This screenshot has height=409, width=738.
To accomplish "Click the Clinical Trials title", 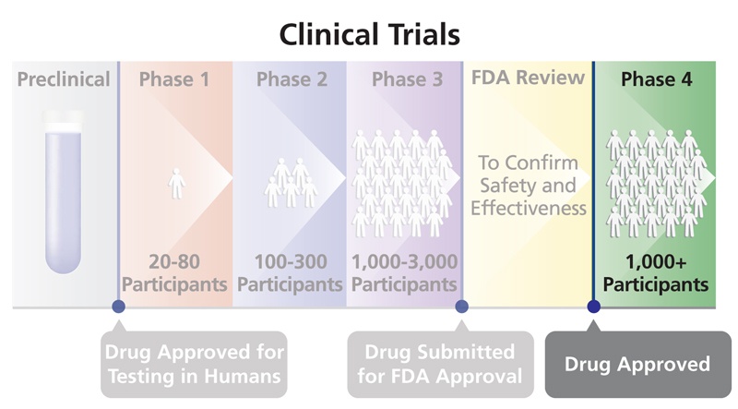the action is pos(370,34).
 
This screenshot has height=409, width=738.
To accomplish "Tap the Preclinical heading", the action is pos(64,79).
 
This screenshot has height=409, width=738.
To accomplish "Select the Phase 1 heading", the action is pos(174,79).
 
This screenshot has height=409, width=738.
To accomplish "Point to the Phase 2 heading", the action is pos(292,79).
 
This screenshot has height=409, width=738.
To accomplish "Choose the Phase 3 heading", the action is pos(408,79).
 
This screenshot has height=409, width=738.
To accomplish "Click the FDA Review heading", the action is pos(528,78).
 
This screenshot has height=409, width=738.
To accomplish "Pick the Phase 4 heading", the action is pos(657,79).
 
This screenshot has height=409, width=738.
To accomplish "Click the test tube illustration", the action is pos(63,192).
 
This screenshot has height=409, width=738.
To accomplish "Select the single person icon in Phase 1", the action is pos(176,184).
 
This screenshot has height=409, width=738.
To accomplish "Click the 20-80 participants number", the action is pos(174,261).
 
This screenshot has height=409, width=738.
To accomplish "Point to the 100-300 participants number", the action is pos(291,261).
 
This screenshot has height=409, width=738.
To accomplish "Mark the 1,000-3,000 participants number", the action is pos(405,261).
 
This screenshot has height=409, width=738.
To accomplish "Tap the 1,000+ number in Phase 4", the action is pos(656,261).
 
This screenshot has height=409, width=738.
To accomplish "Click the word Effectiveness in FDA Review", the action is pos(529,208).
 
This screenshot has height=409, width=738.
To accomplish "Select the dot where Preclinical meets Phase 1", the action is pos(119,307).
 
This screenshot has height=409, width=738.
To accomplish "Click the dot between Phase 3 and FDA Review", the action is pos(462,307).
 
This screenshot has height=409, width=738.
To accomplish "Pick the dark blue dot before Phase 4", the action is pos(594,307).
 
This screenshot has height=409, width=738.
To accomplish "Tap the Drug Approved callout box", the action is pos(637,364).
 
